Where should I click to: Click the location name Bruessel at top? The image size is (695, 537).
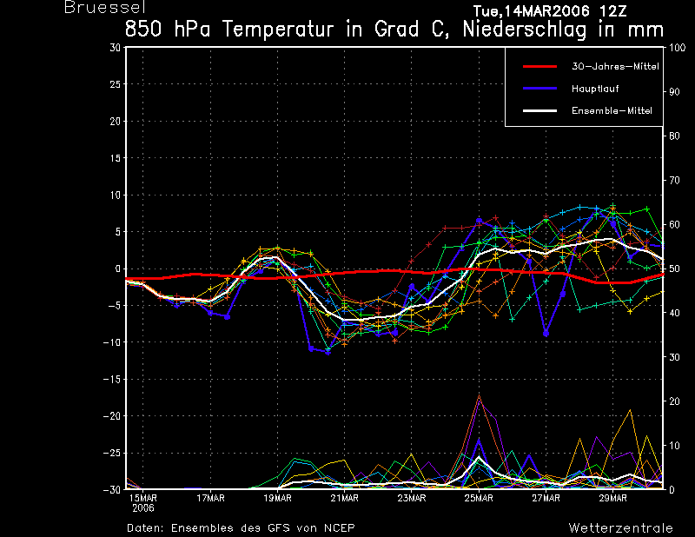tap(105, 8)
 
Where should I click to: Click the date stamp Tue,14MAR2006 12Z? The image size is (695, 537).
tap(550, 10)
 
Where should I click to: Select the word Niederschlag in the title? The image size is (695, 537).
tap(525, 30)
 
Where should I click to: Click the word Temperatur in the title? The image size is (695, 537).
tap(277, 30)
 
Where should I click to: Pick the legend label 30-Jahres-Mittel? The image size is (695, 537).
tap(615, 67)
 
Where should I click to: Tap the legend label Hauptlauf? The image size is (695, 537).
tap(595, 89)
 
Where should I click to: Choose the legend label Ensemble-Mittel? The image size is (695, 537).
tap(612, 111)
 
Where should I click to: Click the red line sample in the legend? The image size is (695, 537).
tap(539, 67)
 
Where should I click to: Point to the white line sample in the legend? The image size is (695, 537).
tap(539, 111)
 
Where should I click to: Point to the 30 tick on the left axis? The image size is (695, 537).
tap(116, 47)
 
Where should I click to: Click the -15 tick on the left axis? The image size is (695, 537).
tap(112, 379)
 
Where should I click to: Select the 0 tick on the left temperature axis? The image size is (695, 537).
tap(118, 268)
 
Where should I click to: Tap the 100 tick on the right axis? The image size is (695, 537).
tap(677, 48)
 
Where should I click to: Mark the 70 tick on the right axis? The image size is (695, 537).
tap(674, 181)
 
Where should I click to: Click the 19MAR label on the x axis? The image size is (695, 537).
tap(277, 499)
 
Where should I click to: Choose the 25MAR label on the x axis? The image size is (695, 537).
tap(479, 499)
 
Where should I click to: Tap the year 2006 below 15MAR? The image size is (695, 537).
tap(143, 508)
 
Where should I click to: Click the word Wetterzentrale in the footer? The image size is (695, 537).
tap(621, 528)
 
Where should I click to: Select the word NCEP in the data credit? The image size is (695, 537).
tap(339, 528)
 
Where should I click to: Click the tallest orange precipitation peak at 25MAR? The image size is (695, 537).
tap(479, 395)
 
